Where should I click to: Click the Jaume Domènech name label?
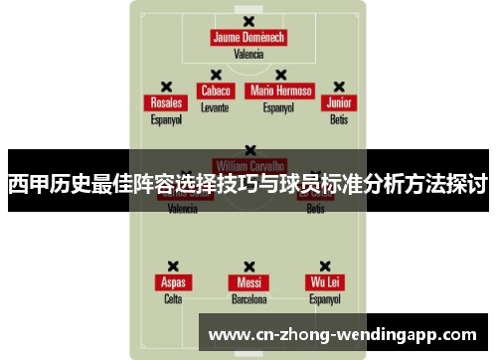(x=248, y=38)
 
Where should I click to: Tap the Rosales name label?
(x=166, y=103)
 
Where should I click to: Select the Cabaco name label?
(x=215, y=90)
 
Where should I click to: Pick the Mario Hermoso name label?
(x=281, y=90)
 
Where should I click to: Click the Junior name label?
(x=339, y=103)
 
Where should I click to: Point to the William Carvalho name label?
(x=249, y=164)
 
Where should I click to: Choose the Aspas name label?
(x=173, y=281)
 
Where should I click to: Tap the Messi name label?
(x=248, y=281)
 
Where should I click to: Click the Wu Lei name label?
(x=324, y=281)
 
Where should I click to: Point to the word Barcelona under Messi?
(x=248, y=298)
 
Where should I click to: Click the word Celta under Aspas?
(x=173, y=298)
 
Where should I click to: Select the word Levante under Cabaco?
(x=215, y=106)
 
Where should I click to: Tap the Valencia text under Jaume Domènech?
(x=248, y=55)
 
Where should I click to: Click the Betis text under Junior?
(x=339, y=119)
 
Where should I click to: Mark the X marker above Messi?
(x=248, y=266)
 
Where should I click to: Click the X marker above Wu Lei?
(x=324, y=266)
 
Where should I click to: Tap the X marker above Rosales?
(x=166, y=87)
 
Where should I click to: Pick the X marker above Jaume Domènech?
(x=248, y=21)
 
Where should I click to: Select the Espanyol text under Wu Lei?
(x=324, y=298)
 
